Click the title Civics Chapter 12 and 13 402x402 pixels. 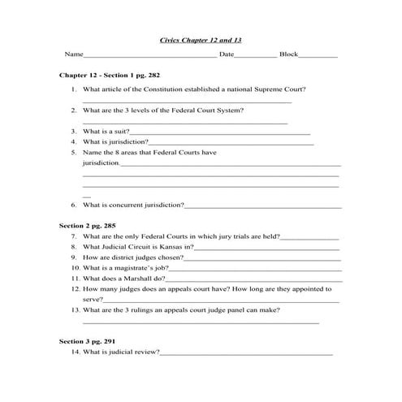click(200, 38)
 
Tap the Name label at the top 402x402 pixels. click(74, 54)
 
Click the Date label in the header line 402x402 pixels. click(227, 54)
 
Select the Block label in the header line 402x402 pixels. click(288, 54)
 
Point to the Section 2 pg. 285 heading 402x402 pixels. click(89, 223)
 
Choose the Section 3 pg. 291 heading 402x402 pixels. click(89, 341)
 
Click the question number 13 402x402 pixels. click(74, 309)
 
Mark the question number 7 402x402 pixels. click(74, 236)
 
